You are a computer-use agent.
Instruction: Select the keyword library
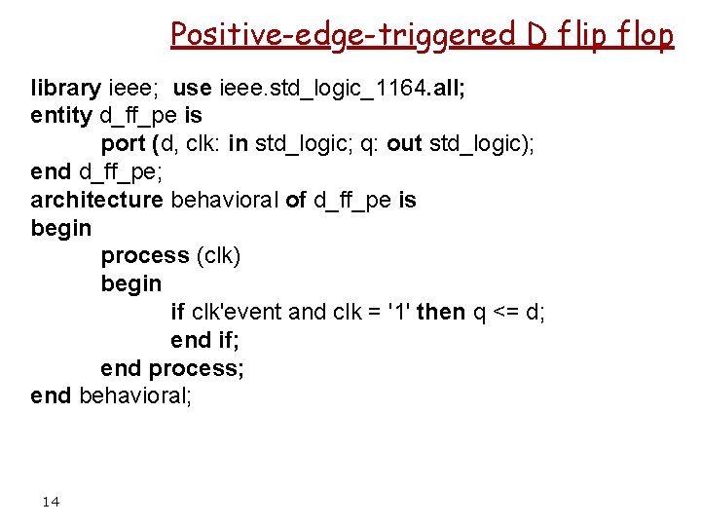point(65,88)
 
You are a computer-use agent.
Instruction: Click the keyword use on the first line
point(191,88)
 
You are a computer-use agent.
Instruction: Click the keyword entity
point(60,116)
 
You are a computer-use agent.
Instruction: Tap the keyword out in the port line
point(404,144)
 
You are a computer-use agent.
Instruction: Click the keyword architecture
point(96,201)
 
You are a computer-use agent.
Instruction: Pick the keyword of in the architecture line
point(296,201)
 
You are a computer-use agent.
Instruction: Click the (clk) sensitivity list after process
point(218,256)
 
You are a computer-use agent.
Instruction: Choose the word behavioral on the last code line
point(131,396)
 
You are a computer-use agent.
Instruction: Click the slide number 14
point(51,502)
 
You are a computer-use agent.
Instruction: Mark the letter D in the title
point(536,35)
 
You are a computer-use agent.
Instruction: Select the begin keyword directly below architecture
point(60,229)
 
